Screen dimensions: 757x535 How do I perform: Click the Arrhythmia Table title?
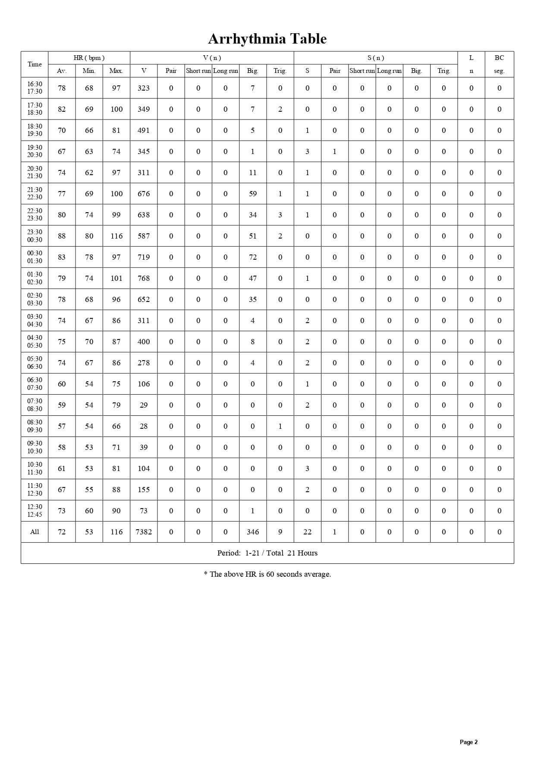pos(267,39)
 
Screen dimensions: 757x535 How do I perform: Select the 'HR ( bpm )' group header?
pos(89,58)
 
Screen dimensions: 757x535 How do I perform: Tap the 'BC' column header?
pos(499,58)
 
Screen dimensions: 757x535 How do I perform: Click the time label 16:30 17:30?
pos(35,88)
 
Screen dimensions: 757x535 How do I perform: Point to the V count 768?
pos(144,278)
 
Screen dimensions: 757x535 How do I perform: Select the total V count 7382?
pos(144,532)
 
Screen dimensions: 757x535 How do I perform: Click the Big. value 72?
pos(253,257)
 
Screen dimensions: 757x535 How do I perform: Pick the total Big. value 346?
pos(253,532)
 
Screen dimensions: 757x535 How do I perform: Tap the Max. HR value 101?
pos(116,278)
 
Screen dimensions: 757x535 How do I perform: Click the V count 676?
pos(144,194)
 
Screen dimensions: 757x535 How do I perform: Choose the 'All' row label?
pos(35,532)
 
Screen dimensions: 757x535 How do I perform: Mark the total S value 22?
pos(307,532)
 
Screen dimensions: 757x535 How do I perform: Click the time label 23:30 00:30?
pos(35,236)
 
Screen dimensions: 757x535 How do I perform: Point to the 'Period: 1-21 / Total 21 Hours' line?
pos(267,553)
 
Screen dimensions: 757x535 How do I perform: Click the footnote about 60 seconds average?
pos(267,574)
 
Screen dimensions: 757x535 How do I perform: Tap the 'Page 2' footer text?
pos(469,742)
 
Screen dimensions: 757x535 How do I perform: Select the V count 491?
pos(144,130)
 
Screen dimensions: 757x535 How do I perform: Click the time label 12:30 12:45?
pos(35,511)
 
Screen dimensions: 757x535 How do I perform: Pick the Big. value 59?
pos(253,194)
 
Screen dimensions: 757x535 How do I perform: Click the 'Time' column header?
pos(35,64)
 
